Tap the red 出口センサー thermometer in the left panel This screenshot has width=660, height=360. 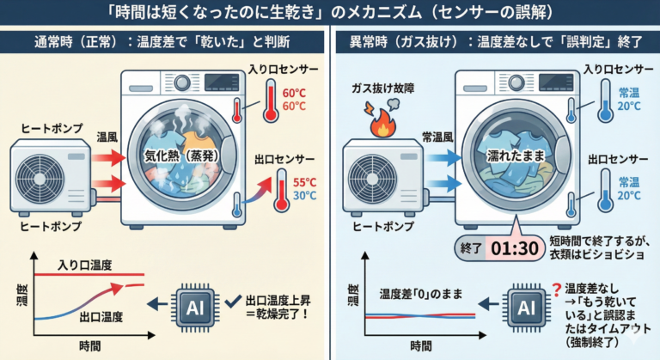pos(280,192)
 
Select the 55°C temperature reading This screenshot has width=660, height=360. pos(303,183)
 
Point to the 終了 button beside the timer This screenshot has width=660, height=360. pos(469,249)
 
